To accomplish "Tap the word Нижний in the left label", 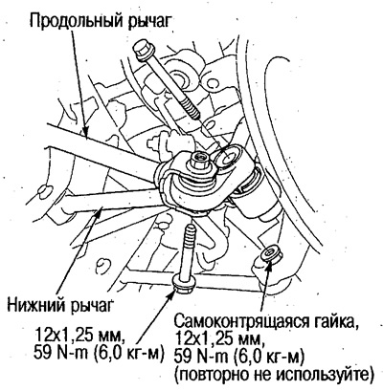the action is (x=37, y=305).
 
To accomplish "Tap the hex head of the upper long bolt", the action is (x=144, y=51).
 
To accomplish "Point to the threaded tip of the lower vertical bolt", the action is (x=191, y=231).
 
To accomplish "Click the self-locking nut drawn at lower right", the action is (x=271, y=253).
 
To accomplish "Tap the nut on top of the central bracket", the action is (x=198, y=160).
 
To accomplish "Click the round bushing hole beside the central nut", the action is (x=228, y=157).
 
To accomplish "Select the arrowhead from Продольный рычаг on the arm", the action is (x=84, y=132).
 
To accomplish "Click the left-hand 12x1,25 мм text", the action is (x=79, y=335).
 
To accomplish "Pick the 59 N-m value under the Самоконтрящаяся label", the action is (x=199, y=358).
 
